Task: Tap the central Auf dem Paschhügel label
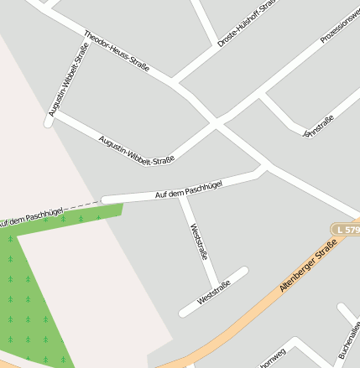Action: (189, 189)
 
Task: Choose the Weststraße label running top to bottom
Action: (199, 241)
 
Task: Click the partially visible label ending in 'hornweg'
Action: (273, 358)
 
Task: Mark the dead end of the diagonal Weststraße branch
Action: (244, 271)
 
